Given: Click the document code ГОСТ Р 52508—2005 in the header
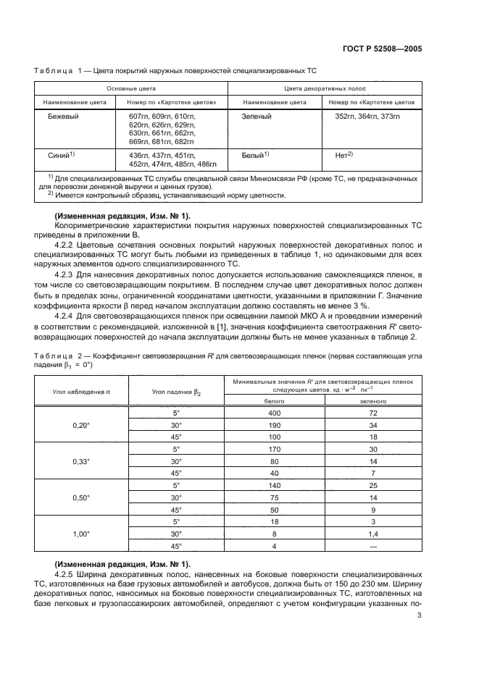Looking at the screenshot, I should coord(382,49).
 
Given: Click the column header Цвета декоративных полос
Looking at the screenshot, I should coord(324,89).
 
